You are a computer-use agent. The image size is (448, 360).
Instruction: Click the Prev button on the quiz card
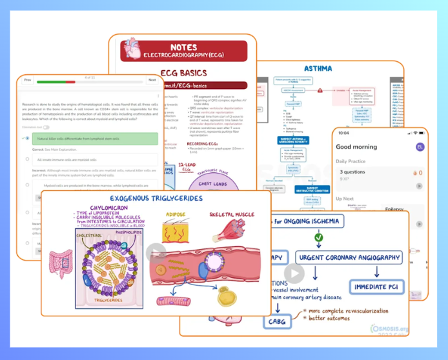28,80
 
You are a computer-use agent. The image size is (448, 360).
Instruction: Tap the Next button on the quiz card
152,80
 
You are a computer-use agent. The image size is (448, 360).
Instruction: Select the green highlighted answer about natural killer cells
94,139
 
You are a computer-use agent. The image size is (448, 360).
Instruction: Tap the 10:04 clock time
343,133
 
